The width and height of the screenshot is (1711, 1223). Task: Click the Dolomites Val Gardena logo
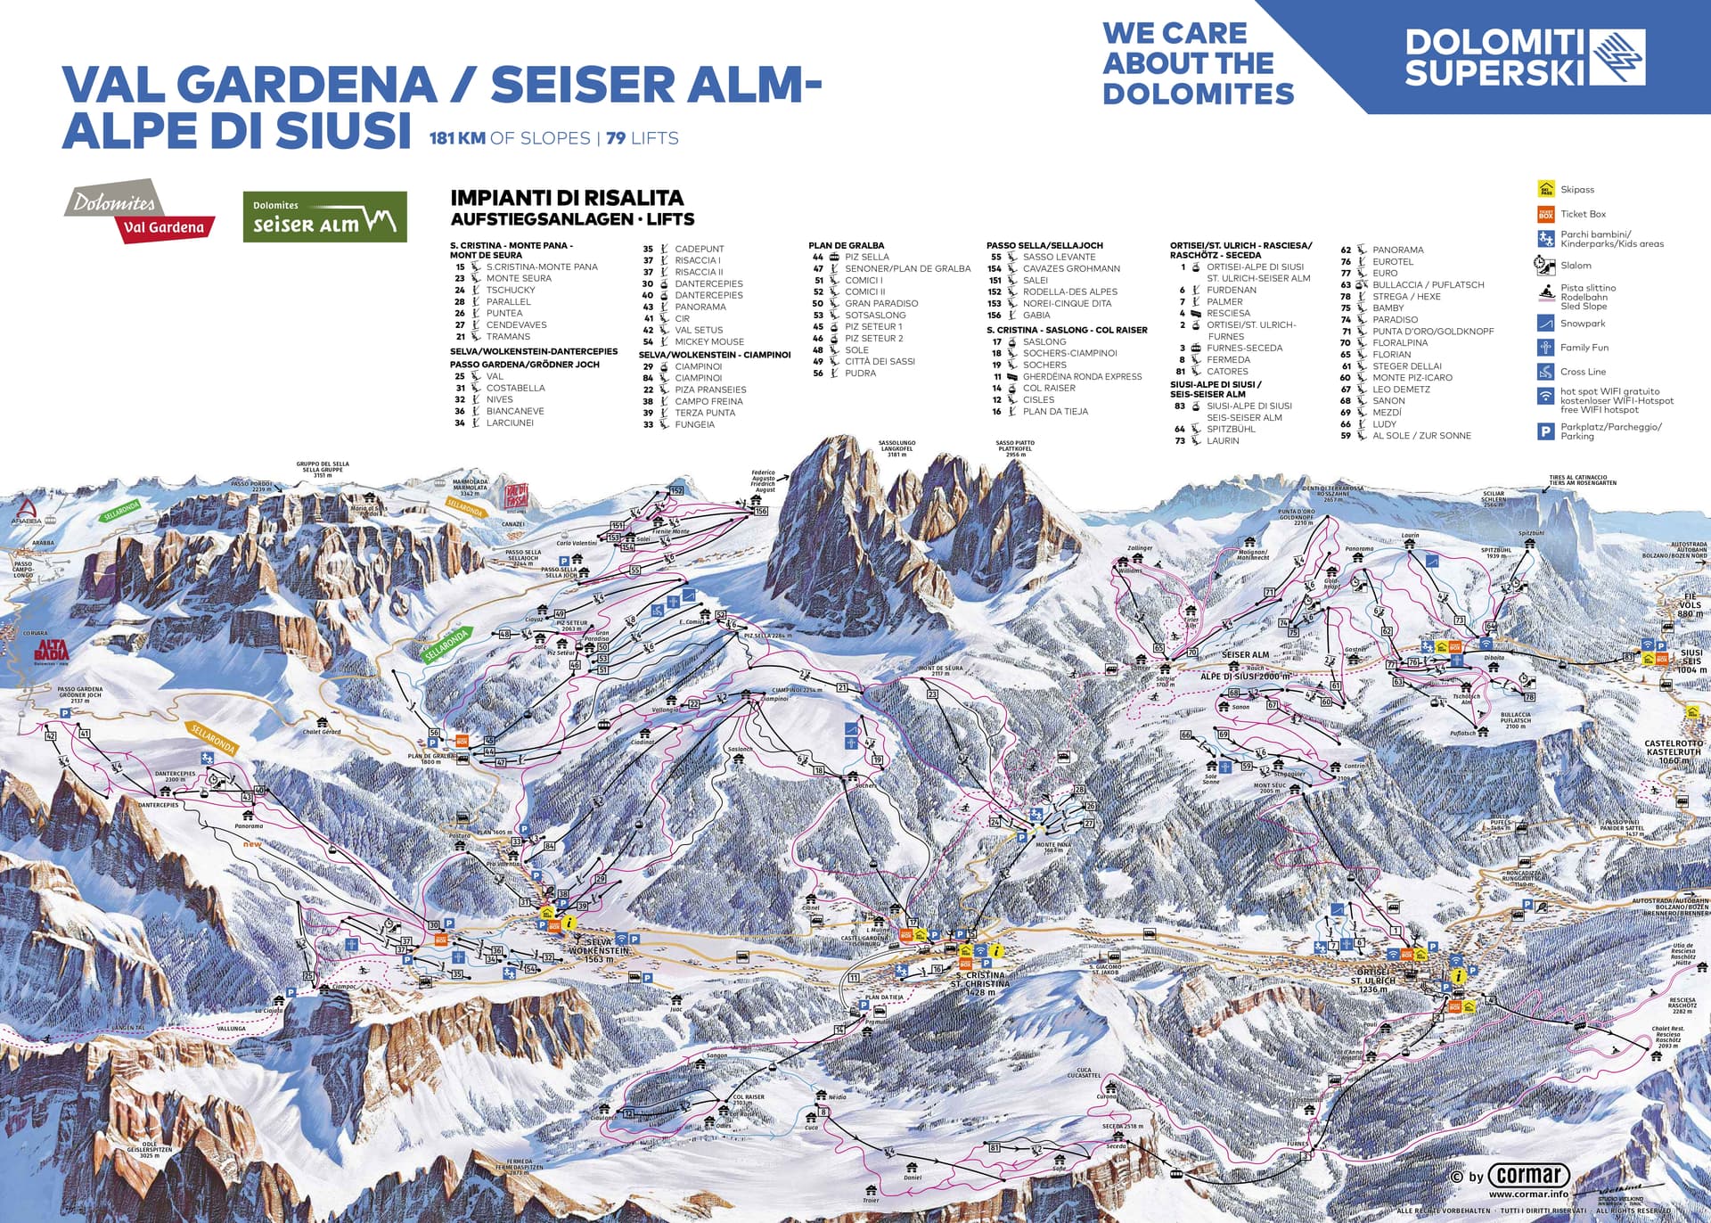pos(140,211)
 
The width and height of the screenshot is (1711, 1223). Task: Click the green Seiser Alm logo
pos(324,217)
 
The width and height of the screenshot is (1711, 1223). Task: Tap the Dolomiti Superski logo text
pos(1495,57)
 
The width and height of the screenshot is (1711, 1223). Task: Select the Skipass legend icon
pos(1545,189)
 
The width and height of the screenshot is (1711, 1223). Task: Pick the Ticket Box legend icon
pos(1545,214)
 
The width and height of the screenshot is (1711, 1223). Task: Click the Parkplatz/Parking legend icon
pos(1545,431)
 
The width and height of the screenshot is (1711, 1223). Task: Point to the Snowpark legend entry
pos(1582,324)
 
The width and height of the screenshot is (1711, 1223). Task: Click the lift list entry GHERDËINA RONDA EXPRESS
pos(1082,376)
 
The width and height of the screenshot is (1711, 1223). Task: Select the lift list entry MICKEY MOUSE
pos(708,341)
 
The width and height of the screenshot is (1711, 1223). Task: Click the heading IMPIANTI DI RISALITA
pos(567,198)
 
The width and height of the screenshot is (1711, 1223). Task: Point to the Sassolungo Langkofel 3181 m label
pos(896,448)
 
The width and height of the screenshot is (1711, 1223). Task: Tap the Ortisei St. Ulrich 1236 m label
pos(1373,980)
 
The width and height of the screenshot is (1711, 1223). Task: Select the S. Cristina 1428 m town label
pos(980,983)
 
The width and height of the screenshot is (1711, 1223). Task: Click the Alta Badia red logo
pos(51,653)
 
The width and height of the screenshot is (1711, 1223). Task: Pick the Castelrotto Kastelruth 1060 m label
pos(1674,751)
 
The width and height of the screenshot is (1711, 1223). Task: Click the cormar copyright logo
pos(1528,1175)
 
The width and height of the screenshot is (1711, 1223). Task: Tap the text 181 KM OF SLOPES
pos(510,138)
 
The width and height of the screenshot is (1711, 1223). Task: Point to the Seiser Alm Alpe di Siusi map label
pos(1245,665)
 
